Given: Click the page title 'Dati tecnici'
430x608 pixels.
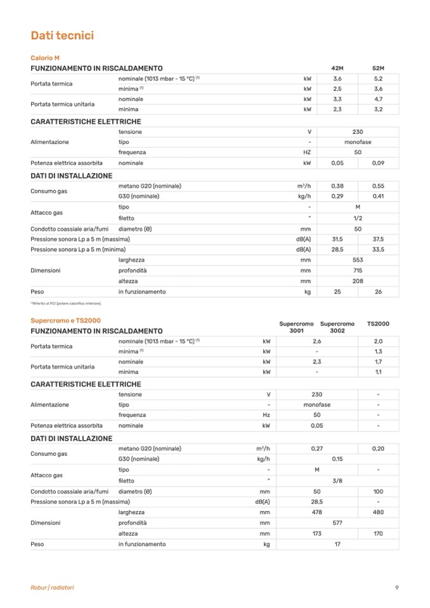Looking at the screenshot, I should point(62,36).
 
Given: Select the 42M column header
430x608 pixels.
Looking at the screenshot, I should point(337,68).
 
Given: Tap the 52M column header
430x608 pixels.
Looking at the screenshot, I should point(378,68).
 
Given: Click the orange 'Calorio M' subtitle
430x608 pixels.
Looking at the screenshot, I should point(45,58).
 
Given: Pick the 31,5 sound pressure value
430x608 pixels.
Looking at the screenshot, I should point(337,239).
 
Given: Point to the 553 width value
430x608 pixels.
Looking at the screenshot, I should point(358,260).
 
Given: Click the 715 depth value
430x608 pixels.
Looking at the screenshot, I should point(358,271).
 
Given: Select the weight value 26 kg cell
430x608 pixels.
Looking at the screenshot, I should point(378,292).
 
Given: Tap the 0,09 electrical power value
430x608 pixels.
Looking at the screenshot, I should point(378,163).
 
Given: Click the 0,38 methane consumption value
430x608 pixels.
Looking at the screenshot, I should point(337,186).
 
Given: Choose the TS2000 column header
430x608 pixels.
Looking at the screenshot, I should point(378,324).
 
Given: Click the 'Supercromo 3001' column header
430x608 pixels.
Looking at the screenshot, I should point(296,327).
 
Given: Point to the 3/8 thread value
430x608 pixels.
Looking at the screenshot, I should point(337,481).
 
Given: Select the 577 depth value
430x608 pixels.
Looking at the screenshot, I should point(337,523).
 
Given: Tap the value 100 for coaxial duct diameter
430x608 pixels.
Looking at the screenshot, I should point(378,491).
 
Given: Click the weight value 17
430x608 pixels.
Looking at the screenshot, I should point(337,544).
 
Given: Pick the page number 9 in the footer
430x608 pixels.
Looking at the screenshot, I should point(396,588).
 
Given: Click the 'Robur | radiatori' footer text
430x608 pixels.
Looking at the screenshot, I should point(52,588).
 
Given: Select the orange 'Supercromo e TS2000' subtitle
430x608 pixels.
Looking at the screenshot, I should point(65,321).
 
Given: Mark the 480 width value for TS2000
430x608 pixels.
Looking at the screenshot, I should point(378,512).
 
